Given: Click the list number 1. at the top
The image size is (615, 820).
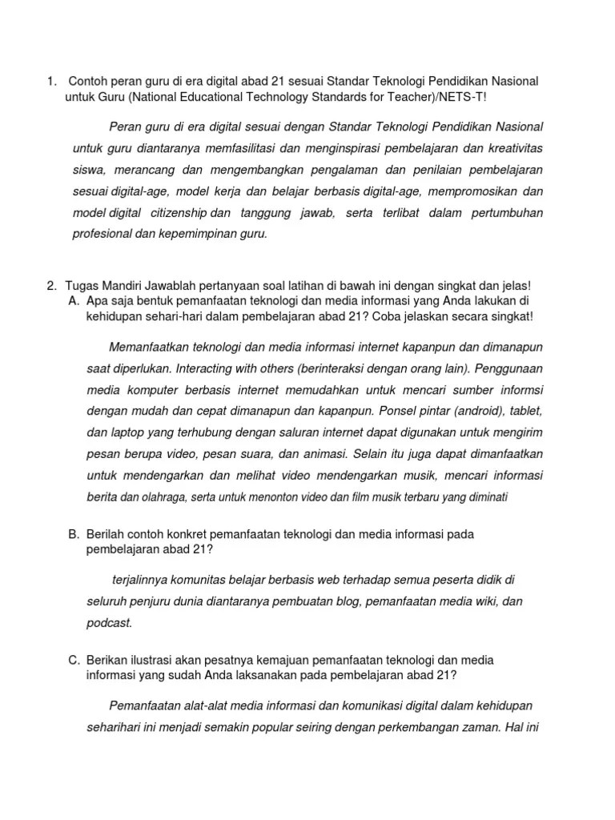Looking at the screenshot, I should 51,81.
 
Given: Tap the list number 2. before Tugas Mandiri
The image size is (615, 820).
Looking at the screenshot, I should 51,285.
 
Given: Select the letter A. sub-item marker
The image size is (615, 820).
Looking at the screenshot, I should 74,300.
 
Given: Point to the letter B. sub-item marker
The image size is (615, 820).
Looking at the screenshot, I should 74,533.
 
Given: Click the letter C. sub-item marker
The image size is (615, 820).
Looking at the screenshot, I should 74,660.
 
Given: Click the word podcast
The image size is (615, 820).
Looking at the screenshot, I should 110,622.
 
